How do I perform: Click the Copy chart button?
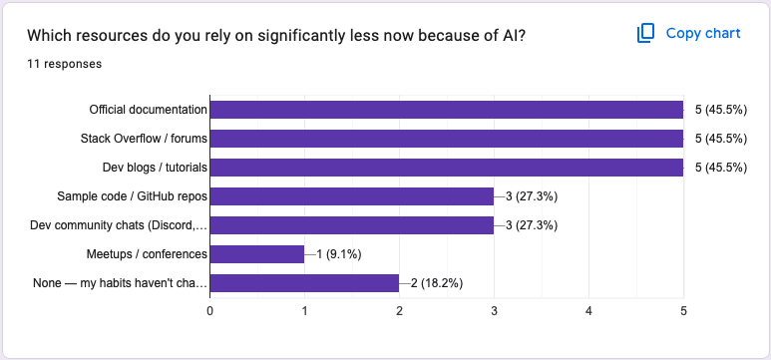(689, 33)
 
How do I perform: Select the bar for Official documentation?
(446, 110)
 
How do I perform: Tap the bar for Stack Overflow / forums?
(446, 139)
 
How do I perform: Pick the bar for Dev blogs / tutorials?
(446, 168)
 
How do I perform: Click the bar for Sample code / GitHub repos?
(351, 196)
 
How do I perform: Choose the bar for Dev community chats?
(351, 225)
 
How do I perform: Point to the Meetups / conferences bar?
(256, 254)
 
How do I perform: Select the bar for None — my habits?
(304, 283)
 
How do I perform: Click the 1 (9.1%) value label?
(345, 254)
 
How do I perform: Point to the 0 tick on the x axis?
(209, 311)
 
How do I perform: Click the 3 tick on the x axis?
(494, 311)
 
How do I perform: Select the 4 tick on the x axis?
(588, 311)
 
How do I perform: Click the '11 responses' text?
(64, 64)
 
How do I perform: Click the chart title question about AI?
(276, 35)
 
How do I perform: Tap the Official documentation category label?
(148, 110)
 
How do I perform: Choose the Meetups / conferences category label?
(147, 254)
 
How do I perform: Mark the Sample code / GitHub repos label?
(132, 196)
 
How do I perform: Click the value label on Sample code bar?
(532, 196)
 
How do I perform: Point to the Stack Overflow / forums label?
(144, 139)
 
